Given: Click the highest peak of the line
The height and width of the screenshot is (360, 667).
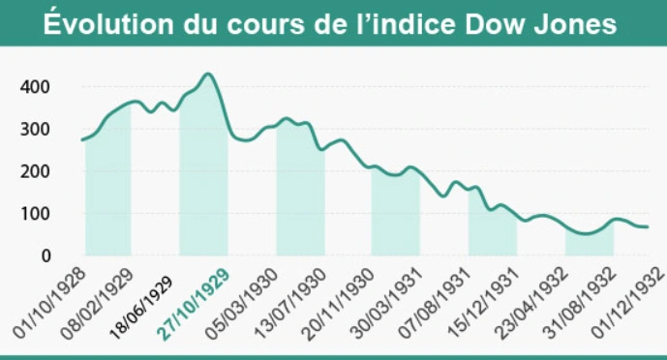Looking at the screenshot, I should pyautogui.click(x=207, y=75).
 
